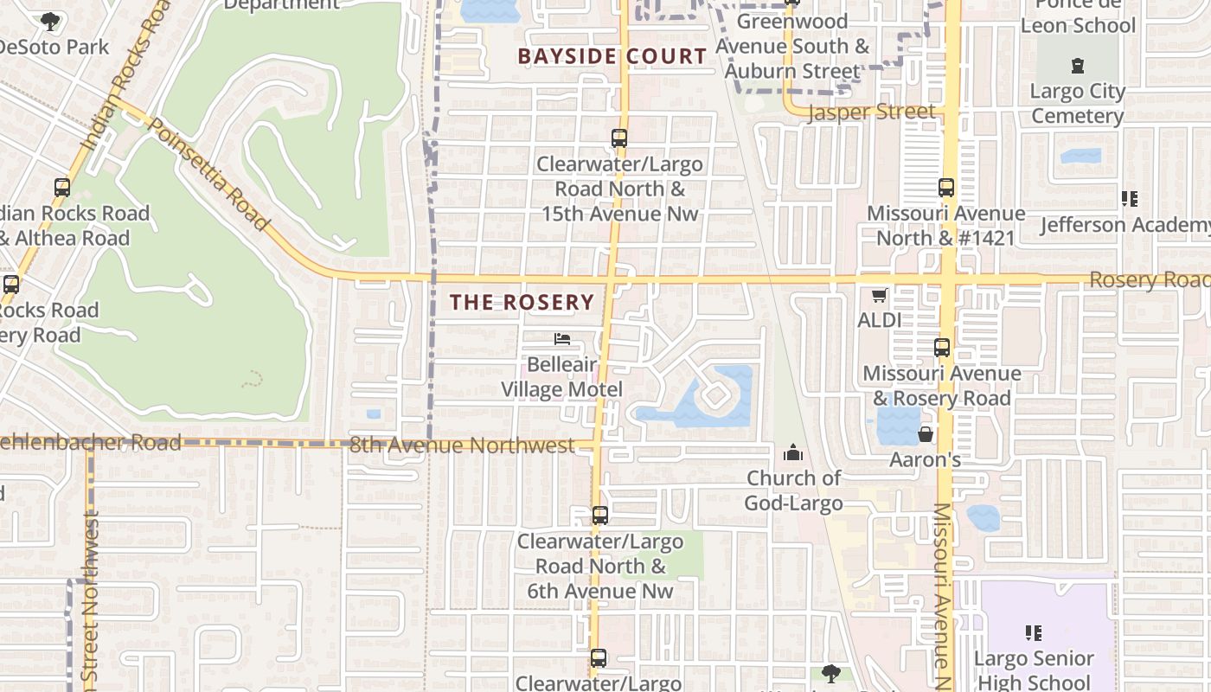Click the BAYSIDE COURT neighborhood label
pos(612,57)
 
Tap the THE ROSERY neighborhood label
pos(522,302)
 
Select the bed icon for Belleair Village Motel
pos(562,339)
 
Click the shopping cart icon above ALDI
pos(879,296)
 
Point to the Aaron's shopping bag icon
pos(926,433)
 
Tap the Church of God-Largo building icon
pos(792,452)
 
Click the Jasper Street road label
pos(871,112)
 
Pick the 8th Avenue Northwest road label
pos(462,445)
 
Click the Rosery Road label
pos(1149,280)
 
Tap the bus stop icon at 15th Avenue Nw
pos(618,138)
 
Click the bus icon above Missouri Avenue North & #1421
pos(945,187)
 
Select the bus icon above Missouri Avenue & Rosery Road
pos(942,348)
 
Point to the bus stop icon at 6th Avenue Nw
pos(599,516)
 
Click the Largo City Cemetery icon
pos(1077,66)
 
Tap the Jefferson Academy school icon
pos(1129,199)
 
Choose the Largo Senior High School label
pos(1035,670)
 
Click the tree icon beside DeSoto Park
pos(50,21)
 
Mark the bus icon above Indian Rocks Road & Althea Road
pos(61,187)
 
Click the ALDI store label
pos(879,320)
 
